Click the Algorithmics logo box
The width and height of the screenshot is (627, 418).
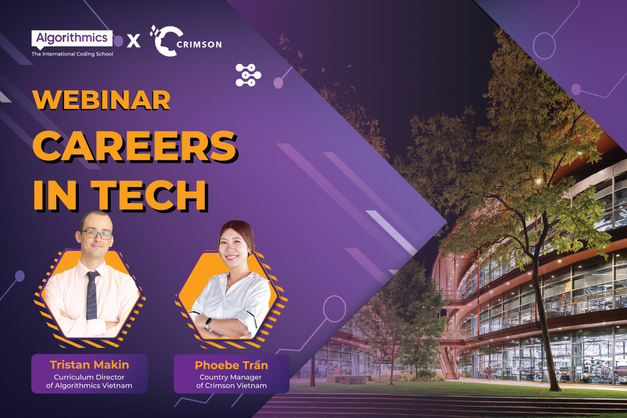[x=72, y=39]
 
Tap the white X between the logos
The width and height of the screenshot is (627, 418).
[x=133, y=41]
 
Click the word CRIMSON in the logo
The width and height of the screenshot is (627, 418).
[x=199, y=44]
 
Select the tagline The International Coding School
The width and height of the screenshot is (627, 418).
[x=72, y=54]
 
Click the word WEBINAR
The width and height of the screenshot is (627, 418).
[x=101, y=100]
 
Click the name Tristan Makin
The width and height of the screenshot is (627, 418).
[x=89, y=365]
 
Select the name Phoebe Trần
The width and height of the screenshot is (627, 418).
[x=231, y=365]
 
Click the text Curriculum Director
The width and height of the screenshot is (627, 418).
[x=89, y=377]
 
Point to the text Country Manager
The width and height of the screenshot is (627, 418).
[x=231, y=377]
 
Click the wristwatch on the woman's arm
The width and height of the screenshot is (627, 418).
[x=208, y=324]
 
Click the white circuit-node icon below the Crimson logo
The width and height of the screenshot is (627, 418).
[x=248, y=75]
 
